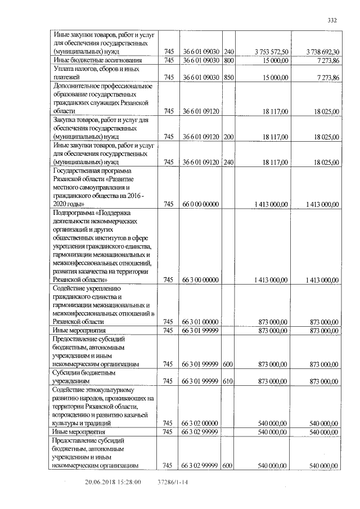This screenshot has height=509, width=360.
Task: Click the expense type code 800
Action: pos(228,60)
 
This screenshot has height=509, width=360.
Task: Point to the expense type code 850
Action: pos(228,77)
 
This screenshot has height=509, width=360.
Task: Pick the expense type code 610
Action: pos(228,381)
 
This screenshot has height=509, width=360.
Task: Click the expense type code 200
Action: pos(228,137)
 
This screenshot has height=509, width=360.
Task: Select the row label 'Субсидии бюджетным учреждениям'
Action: pos(84,377)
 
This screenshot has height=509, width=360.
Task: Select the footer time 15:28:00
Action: pos(129,482)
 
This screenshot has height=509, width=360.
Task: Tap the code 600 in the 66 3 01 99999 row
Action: pos(228,364)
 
